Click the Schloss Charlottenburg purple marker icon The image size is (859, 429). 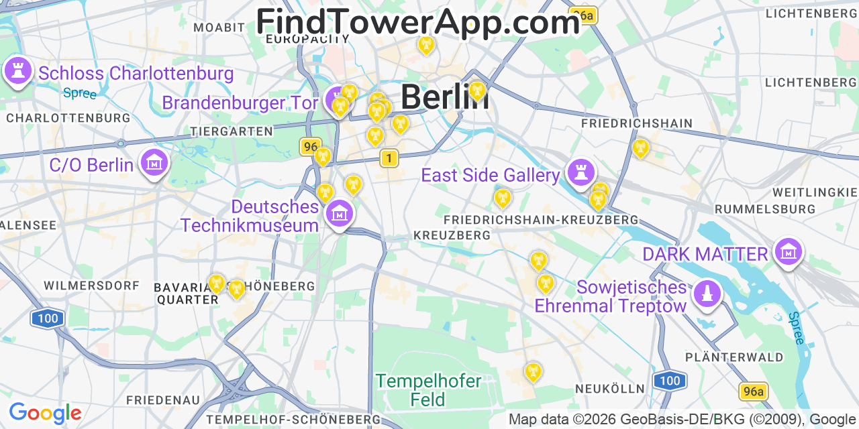click(18, 70)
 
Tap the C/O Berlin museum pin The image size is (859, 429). click(154, 162)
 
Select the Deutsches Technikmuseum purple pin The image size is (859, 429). click(339, 214)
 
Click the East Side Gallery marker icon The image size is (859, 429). click(580, 172)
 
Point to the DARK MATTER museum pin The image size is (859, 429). click(789, 252)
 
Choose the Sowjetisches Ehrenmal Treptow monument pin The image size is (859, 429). click(707, 294)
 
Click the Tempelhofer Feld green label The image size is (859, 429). click(428, 391)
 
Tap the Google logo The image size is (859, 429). click(45, 413)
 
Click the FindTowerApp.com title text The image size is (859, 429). click(417, 22)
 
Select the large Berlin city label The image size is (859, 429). click(444, 97)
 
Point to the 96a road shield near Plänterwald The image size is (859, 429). click(753, 391)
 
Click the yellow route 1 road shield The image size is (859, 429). click(389, 158)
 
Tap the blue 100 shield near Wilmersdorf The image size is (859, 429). click(48, 318)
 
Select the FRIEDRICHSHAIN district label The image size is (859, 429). click(636, 123)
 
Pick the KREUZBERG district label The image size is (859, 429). click(452, 235)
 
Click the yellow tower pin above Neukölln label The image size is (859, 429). click(533, 371)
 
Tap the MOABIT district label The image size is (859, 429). click(219, 27)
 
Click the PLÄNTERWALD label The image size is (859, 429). click(734, 357)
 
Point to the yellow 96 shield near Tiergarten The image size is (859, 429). click(311, 146)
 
